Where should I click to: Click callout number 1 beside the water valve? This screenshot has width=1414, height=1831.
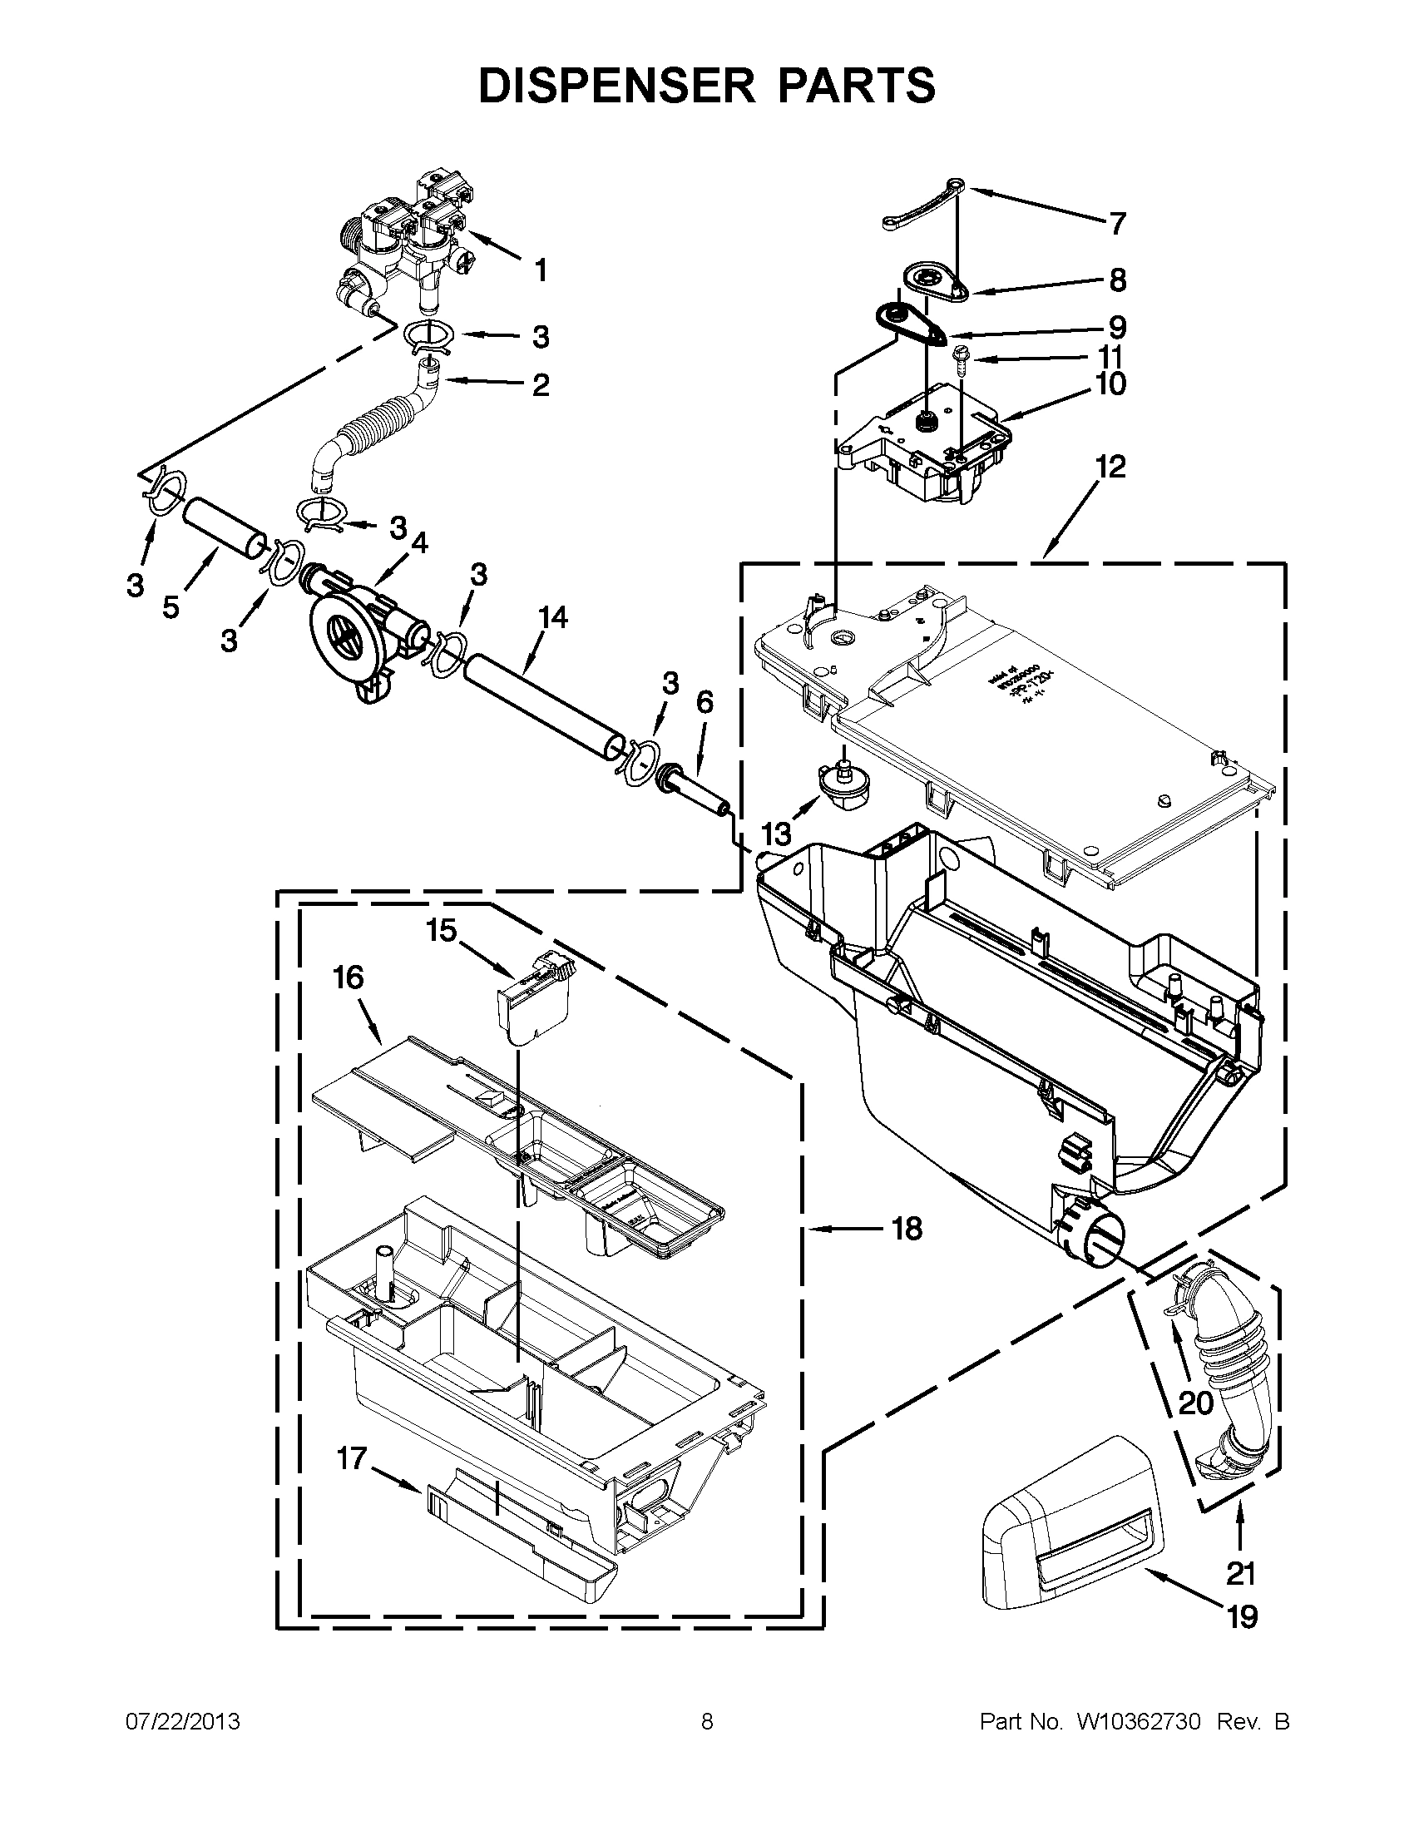[x=541, y=270]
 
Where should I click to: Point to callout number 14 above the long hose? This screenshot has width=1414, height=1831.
[x=552, y=618]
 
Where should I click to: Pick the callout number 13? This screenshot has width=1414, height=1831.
[x=776, y=834]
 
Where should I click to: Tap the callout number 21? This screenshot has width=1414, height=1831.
[x=1240, y=1574]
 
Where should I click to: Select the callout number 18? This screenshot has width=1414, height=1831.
[x=907, y=1229]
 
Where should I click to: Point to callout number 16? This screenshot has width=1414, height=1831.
[x=349, y=977]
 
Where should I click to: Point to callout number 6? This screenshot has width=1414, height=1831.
[x=704, y=702]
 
